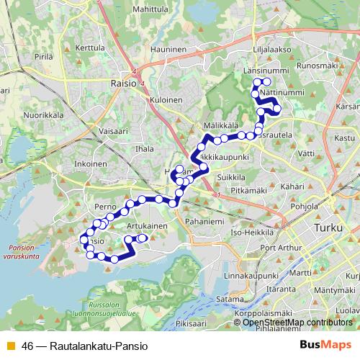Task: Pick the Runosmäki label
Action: tap(318, 66)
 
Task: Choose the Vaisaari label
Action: tap(112, 131)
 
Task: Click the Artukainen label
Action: tap(147, 225)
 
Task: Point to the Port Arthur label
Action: tap(278, 248)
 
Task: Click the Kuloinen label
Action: tap(165, 100)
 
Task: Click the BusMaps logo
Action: tap(325, 345)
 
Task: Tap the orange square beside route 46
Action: tap(9, 346)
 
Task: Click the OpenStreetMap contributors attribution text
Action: tap(297, 323)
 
